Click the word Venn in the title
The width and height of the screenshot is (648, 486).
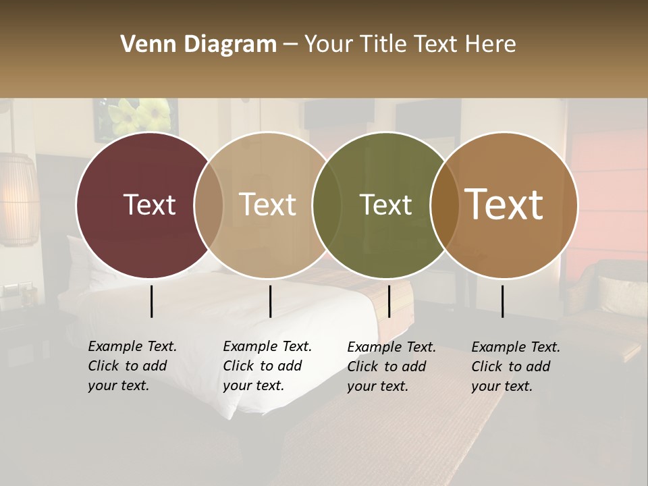pyautogui.click(x=143, y=45)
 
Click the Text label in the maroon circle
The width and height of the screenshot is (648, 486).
pyautogui.click(x=149, y=205)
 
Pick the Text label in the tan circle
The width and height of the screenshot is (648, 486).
pyautogui.click(x=268, y=205)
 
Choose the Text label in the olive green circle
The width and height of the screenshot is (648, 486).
pyautogui.click(x=386, y=205)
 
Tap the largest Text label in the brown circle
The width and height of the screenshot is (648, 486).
pyautogui.click(x=504, y=205)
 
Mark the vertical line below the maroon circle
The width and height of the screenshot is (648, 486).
pyautogui.click(x=151, y=301)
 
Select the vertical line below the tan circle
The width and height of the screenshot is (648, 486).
pyautogui.click(x=270, y=301)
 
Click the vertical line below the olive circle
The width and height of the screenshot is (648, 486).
pyautogui.click(x=389, y=301)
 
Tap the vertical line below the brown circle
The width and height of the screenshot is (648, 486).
pyautogui.click(x=503, y=301)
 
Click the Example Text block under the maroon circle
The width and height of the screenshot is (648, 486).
pyautogui.click(x=132, y=366)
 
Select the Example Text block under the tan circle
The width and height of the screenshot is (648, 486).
pyautogui.click(x=267, y=366)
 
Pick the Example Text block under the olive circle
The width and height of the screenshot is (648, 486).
pyautogui.click(x=391, y=367)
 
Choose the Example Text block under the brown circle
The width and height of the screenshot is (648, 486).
pyautogui.click(x=515, y=367)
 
